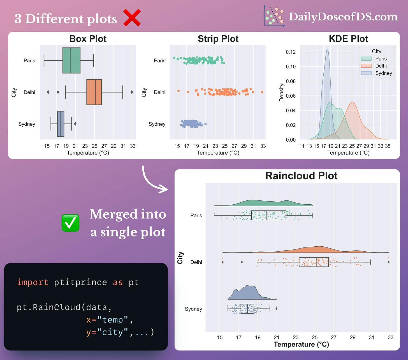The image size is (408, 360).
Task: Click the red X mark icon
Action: point(132,18)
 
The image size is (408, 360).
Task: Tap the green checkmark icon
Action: point(70,223)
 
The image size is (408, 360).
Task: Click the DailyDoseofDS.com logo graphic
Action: point(274,17)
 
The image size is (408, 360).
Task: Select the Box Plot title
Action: point(88,39)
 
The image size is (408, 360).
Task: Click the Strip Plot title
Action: point(218,39)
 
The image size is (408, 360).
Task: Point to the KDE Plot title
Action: point(348,39)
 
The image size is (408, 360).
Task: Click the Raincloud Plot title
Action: point(301,176)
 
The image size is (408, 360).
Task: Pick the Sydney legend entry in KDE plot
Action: point(377,73)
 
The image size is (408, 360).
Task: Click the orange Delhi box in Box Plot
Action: point(94,92)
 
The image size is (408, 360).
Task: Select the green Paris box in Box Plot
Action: point(71,60)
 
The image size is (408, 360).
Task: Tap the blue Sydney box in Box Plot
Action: point(61,124)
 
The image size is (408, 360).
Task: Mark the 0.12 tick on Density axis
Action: point(291,52)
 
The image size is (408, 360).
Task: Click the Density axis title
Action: point(281,93)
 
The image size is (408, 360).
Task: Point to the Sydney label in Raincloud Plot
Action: point(193,309)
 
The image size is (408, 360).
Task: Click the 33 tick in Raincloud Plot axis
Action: point(390,337)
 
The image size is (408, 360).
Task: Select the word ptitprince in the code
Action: point(80,282)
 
